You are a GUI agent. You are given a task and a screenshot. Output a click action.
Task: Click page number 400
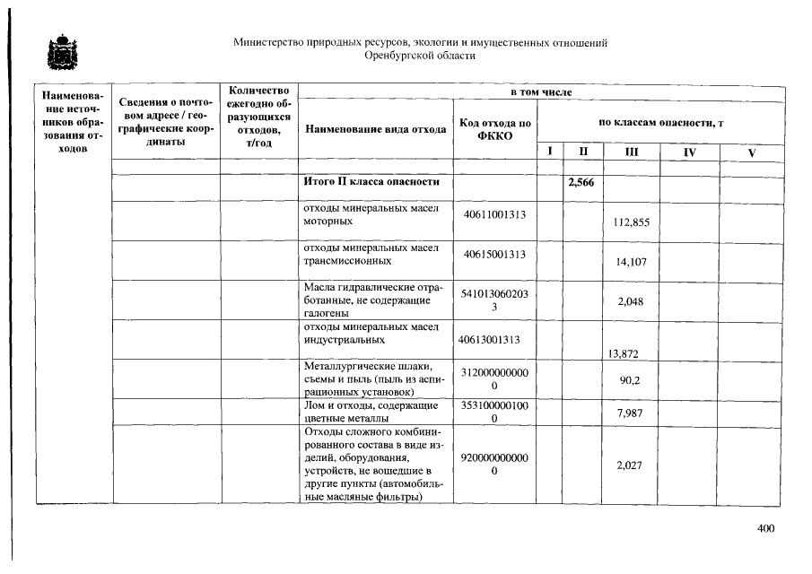tap(765, 528)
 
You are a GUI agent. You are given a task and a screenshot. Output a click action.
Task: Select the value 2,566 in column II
tap(581, 183)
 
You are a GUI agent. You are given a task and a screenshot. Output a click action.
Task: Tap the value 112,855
tap(632, 222)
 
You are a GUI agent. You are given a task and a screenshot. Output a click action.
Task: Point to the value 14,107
tap(632, 262)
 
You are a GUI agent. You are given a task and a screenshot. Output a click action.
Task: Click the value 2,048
tap(632, 301)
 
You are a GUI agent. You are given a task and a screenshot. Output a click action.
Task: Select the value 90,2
tap(630, 380)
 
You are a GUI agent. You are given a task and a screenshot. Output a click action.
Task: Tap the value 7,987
tap(632, 413)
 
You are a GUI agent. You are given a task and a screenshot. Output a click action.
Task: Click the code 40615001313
tap(494, 254)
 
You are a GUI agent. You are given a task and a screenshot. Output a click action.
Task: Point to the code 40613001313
tap(490, 340)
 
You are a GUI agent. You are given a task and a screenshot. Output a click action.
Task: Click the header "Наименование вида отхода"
tap(376, 128)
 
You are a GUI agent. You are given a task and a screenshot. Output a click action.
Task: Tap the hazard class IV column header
tap(688, 152)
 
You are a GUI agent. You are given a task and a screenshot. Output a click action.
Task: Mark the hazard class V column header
tap(752, 152)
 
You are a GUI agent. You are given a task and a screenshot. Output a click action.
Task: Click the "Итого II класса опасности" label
tap(371, 182)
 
